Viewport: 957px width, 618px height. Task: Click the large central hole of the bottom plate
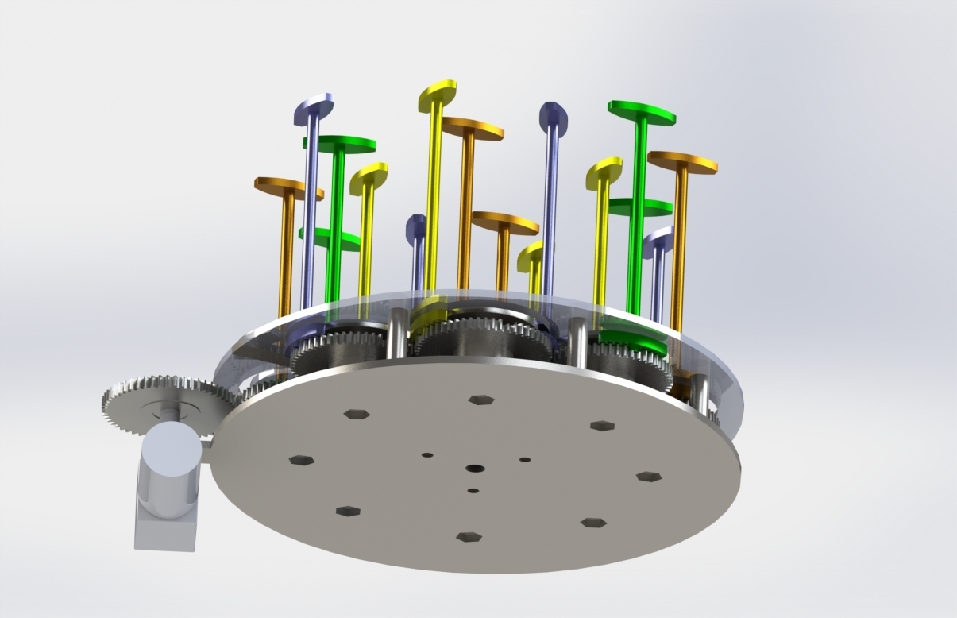click(x=476, y=469)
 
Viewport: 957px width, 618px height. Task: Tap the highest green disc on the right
click(x=642, y=112)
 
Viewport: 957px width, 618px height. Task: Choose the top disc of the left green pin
click(x=340, y=144)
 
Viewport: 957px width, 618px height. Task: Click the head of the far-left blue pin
click(x=314, y=107)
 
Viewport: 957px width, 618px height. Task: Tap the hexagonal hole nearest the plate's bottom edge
click(x=469, y=537)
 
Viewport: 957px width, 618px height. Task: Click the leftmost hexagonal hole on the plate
click(x=301, y=460)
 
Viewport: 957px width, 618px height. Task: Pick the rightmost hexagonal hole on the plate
click(x=649, y=477)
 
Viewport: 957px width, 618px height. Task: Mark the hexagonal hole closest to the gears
click(x=481, y=400)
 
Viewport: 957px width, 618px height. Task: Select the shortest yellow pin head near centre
click(x=531, y=256)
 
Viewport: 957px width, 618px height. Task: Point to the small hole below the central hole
click(x=473, y=491)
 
